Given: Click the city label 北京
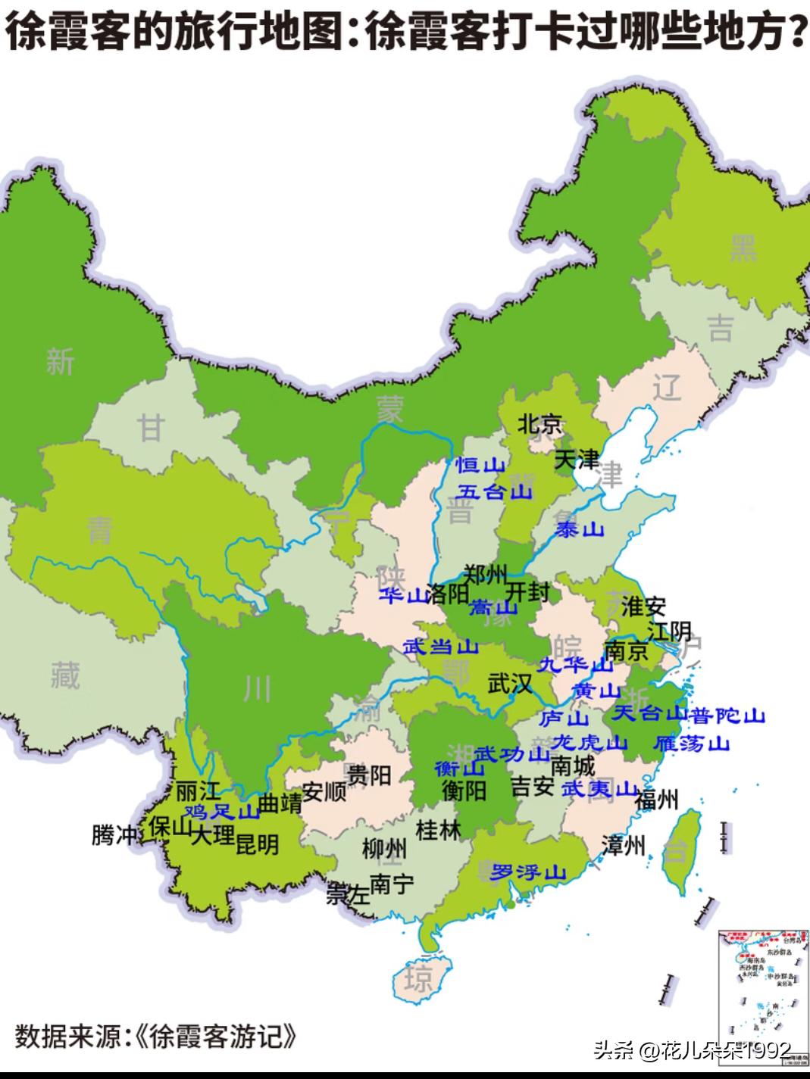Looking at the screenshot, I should pyautogui.click(x=540, y=424).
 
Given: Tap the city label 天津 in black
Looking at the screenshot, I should pyautogui.click(x=577, y=459).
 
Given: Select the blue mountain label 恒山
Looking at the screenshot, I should pyautogui.click(x=480, y=466).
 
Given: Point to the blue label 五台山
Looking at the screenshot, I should pyautogui.click(x=496, y=492).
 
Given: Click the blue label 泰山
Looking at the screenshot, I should pyautogui.click(x=579, y=529).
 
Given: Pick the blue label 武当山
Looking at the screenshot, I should pyautogui.click(x=440, y=647).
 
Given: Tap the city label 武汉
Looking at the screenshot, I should pyautogui.click(x=510, y=684).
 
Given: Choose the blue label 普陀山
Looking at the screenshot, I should pyautogui.click(x=728, y=716).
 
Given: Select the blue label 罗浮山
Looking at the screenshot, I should pyautogui.click(x=528, y=872).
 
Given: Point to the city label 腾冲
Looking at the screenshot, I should pyautogui.click(x=114, y=835).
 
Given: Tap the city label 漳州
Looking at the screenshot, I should pyautogui.click(x=623, y=845).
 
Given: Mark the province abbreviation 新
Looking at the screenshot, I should pyautogui.click(x=60, y=362).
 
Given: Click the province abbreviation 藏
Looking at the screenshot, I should pyautogui.click(x=65, y=674).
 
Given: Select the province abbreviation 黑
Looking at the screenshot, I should pyautogui.click(x=743, y=248).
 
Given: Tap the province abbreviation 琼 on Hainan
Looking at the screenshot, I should pyautogui.click(x=418, y=979).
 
